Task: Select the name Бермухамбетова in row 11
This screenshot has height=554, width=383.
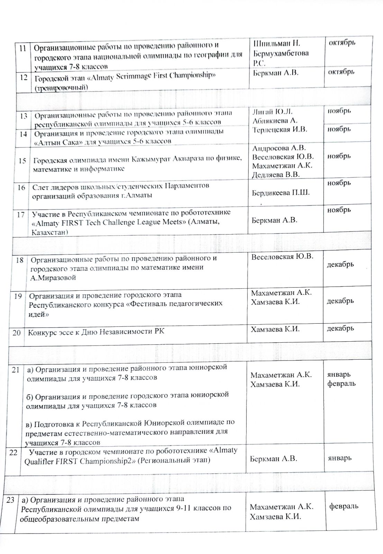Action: [281, 53]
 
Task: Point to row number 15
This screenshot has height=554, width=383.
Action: [22, 161]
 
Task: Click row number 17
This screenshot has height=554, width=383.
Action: [20, 215]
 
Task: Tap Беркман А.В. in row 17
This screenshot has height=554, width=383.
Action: [274, 220]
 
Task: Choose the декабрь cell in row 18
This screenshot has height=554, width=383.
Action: [340, 264]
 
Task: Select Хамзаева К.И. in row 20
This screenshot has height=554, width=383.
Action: [275, 329]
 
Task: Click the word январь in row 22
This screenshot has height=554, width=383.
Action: [340, 458]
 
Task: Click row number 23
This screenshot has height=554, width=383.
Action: [11, 500]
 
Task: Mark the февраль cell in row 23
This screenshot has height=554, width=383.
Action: [343, 506]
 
